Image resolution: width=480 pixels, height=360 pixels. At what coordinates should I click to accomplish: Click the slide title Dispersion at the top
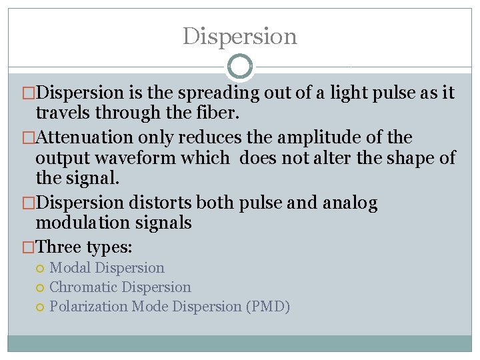tap(240, 36)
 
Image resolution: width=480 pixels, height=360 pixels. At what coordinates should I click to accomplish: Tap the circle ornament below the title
tap(240, 67)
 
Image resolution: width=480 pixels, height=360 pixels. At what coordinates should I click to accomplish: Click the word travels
tap(65, 113)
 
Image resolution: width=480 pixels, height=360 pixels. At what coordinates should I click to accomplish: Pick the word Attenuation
tap(87, 138)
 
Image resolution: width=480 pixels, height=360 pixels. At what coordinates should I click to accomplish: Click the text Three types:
tap(85, 247)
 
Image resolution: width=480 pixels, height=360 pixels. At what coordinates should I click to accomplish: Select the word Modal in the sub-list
tap(71, 268)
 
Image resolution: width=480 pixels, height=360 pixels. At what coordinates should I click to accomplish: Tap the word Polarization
tap(89, 307)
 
